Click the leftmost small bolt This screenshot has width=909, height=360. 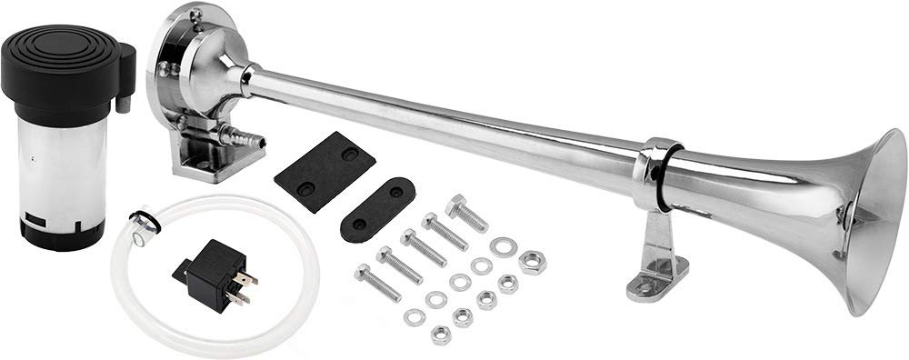[376, 281]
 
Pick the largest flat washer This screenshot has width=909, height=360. [499, 246]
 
